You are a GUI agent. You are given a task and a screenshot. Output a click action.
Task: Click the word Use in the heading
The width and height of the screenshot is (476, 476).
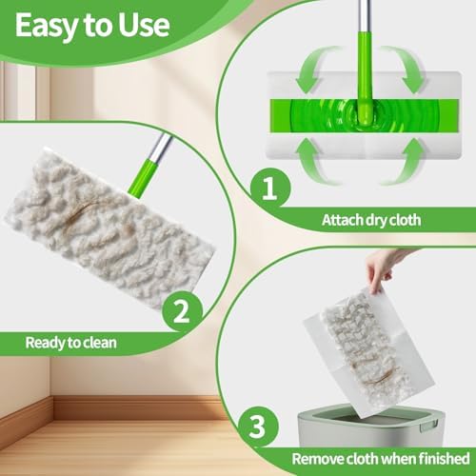click(x=144, y=25)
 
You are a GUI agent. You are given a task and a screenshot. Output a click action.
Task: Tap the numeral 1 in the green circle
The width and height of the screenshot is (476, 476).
click(x=269, y=188)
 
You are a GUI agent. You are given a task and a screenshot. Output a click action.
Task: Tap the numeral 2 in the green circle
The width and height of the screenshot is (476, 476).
click(x=182, y=310)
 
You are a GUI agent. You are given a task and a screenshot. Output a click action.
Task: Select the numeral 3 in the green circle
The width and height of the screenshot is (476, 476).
click(x=257, y=426)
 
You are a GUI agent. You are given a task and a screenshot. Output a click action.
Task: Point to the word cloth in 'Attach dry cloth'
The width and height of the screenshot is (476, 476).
click(x=405, y=220)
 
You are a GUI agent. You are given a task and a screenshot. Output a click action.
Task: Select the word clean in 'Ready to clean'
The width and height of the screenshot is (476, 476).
click(x=99, y=343)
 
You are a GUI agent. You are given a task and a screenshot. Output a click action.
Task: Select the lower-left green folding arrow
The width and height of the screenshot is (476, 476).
click(x=314, y=162)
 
